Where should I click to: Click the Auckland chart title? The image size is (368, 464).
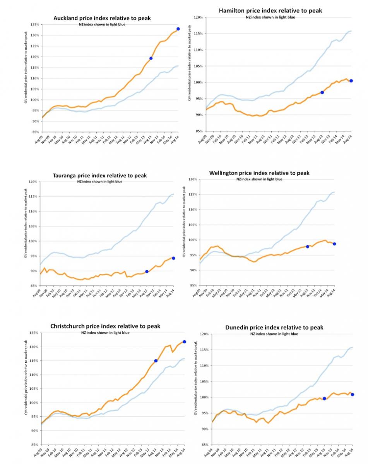tap(102, 18)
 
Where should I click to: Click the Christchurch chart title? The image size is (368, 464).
tap(105, 326)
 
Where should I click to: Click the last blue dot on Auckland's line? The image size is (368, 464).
tap(178, 29)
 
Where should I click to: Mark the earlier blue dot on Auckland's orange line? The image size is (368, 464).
tap(151, 58)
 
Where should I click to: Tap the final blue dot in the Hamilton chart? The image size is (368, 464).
tap(351, 81)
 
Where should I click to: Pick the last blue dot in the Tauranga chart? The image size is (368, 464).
tap(173, 258)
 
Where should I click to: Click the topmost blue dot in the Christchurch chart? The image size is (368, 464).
tap(184, 342)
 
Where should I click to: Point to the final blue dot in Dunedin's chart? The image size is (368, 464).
tap(352, 394)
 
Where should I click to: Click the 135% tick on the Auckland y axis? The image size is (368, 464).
tap(34, 24)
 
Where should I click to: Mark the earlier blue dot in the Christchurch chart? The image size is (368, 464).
tap(156, 361)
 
